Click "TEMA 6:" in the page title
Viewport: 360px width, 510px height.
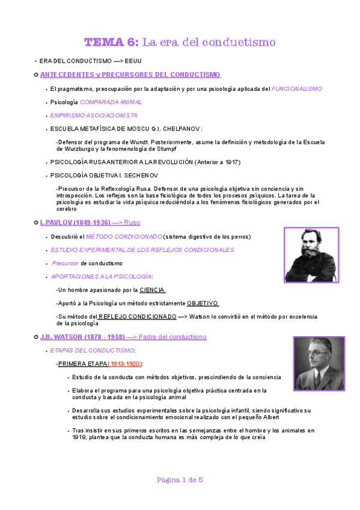111,42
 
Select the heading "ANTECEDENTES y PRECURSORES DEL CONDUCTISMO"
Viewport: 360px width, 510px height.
130,75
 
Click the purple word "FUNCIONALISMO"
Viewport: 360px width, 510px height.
296,88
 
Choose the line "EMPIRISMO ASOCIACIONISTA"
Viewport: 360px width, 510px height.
94,115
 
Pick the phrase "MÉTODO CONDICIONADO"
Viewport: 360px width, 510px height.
124,236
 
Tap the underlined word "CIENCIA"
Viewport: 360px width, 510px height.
152,290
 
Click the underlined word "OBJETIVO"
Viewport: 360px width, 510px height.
202,303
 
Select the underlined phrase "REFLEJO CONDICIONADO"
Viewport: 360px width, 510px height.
138,316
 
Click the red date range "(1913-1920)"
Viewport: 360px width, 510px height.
125,364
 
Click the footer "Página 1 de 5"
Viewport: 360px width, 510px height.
180,479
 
